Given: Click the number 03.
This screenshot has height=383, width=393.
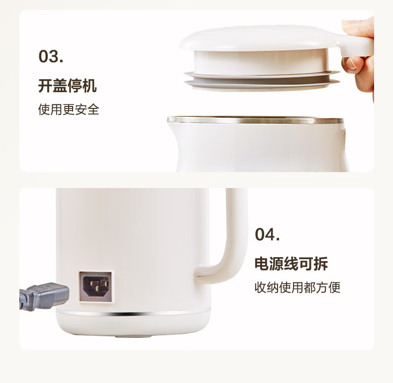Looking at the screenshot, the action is point(51,56).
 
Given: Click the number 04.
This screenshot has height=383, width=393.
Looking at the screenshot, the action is point(267,234).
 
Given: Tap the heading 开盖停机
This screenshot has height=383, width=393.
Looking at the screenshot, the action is point(67,86).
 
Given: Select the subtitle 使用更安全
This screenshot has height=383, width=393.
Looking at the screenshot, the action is point(69,109).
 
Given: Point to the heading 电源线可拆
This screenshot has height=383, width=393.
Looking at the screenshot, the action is point(291,264).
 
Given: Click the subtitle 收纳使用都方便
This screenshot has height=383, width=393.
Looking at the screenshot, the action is point(297,287).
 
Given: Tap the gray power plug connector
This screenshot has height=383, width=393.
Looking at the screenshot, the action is point(45,296).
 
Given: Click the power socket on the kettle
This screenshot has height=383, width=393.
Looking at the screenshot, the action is point(96,287).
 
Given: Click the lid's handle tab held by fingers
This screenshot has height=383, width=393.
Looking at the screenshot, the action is point(356,45).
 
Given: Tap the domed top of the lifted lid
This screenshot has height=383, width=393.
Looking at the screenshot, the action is point(258,38).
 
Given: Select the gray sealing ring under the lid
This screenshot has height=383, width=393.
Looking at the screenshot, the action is point(262,80).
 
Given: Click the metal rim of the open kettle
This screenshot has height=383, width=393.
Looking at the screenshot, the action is point(255,120).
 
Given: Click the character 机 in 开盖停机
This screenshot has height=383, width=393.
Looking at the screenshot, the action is point(90,86).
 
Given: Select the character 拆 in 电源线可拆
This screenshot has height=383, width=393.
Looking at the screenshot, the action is point(321,264).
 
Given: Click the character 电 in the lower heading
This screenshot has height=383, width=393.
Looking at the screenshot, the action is point(262,264).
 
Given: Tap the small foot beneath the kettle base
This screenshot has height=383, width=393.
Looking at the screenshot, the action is point(133,336).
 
